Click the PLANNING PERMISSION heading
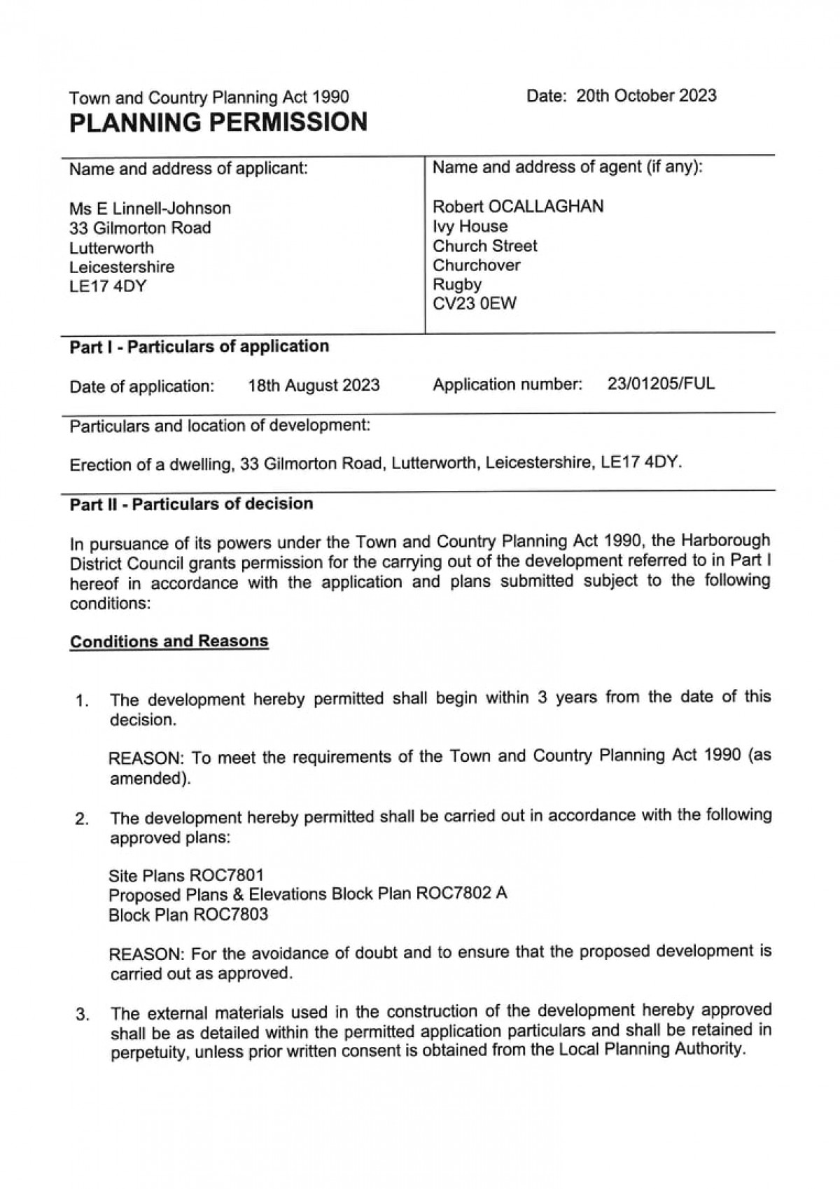pos(218,123)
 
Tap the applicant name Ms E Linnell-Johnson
pos(150,208)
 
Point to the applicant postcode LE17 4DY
pos(108,286)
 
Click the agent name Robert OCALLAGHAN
pos(518,207)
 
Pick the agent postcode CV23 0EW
pos(475,304)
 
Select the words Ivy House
pos(470,226)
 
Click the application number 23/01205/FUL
pos(661,384)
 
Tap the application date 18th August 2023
pos(314,385)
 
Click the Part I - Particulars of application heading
pos(199,347)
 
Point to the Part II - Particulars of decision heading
pos(191,504)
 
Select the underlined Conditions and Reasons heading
pos(169,641)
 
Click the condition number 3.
pos(81,1015)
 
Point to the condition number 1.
pos(81,701)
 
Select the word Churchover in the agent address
pos(476,265)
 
